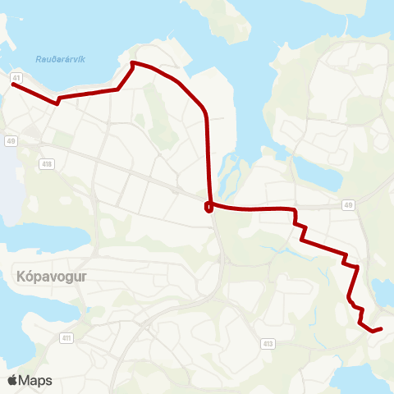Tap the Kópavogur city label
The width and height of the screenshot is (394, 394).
50,277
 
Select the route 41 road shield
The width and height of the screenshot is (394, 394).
16,77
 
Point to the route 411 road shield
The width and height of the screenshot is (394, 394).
66,338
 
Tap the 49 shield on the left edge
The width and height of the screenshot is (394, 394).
10,141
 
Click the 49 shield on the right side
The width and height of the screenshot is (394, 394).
348,204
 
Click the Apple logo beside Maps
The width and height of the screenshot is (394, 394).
12,380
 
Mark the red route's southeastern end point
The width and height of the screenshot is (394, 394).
381,328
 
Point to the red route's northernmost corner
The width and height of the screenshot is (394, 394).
133,62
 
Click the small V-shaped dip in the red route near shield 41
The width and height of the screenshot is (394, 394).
57,103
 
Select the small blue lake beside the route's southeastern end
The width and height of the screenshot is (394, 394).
383,289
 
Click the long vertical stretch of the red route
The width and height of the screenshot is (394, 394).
208,156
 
